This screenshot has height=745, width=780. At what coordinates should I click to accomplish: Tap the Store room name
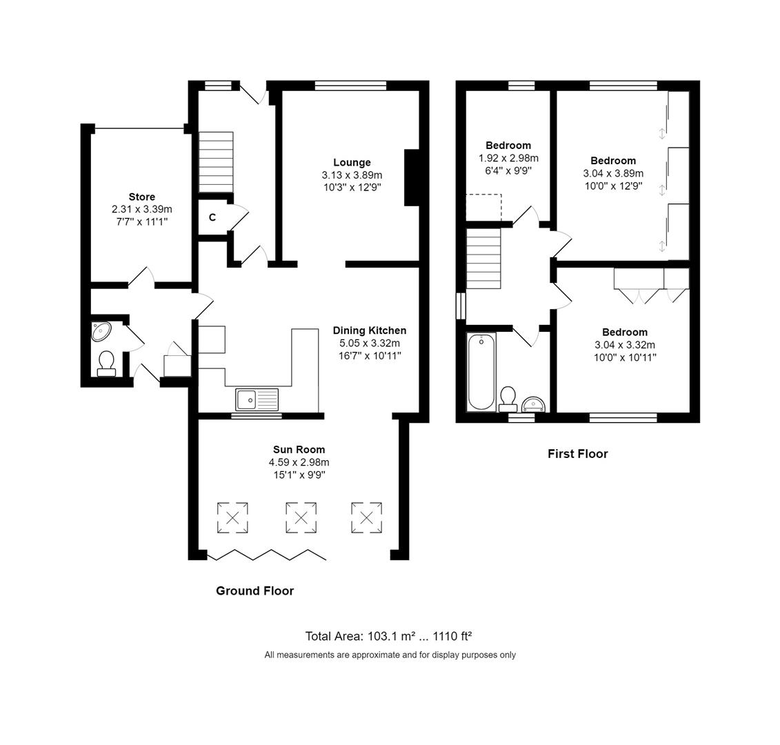tap(141, 197)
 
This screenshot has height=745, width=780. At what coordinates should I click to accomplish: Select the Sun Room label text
tap(299, 450)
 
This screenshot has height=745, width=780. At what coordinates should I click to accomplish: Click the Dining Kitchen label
tap(369, 330)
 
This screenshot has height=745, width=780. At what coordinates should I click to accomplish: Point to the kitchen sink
tap(257, 399)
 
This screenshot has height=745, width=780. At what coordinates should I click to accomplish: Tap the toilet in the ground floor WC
tap(106, 363)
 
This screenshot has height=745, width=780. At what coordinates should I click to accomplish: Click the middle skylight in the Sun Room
tap(301, 517)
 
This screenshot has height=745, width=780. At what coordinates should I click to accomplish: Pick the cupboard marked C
tap(212, 217)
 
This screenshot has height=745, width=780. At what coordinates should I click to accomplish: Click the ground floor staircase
tap(217, 162)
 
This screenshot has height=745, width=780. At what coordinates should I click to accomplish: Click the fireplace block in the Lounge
tap(411, 177)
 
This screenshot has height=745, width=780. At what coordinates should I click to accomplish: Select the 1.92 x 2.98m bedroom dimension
tap(508, 158)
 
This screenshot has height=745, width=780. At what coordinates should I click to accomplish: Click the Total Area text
tap(389, 636)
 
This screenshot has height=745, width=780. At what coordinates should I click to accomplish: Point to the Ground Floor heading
tap(254, 590)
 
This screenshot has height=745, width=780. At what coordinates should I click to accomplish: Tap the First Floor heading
tap(577, 454)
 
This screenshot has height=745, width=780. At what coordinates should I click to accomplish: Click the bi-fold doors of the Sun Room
tap(266, 554)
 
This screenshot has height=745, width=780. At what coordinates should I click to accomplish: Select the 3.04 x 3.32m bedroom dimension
tap(624, 345)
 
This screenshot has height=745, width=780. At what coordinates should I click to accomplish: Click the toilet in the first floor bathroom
tap(508, 398)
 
